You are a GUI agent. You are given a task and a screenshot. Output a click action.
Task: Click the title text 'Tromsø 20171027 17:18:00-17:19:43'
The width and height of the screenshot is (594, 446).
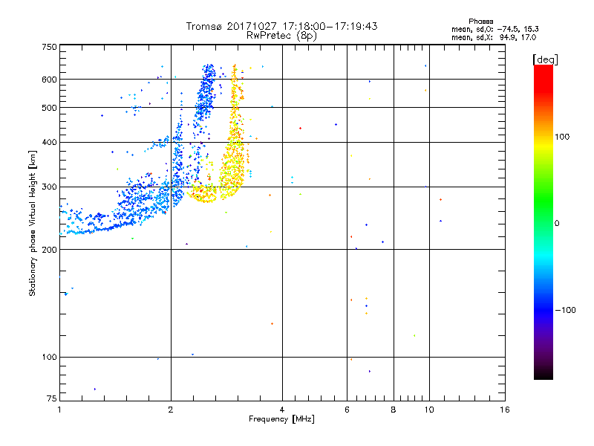[x=281, y=26]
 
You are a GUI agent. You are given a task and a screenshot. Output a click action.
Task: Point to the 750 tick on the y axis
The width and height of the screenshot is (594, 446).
[x=48, y=47]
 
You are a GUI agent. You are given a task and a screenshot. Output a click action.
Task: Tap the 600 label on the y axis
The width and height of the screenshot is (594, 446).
[x=48, y=80]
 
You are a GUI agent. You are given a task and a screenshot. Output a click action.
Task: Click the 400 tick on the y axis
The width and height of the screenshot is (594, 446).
[x=48, y=143]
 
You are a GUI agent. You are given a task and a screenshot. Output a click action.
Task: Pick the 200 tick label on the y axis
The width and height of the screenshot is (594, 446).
[x=48, y=250]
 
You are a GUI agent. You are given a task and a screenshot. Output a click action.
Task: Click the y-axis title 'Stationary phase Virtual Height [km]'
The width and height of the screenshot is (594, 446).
[x=33, y=224]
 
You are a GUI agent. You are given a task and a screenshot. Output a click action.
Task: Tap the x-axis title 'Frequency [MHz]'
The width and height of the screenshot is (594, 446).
[x=281, y=420]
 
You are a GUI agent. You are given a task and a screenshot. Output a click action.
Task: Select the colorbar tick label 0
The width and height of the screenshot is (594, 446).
[x=556, y=223]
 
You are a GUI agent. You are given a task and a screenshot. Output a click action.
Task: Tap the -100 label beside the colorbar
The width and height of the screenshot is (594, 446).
[x=564, y=310]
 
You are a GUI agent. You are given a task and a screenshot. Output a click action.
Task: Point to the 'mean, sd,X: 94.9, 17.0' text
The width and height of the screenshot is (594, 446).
[x=494, y=36]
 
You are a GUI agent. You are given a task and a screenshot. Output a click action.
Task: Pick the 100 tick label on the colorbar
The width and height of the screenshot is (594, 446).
[x=562, y=137]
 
